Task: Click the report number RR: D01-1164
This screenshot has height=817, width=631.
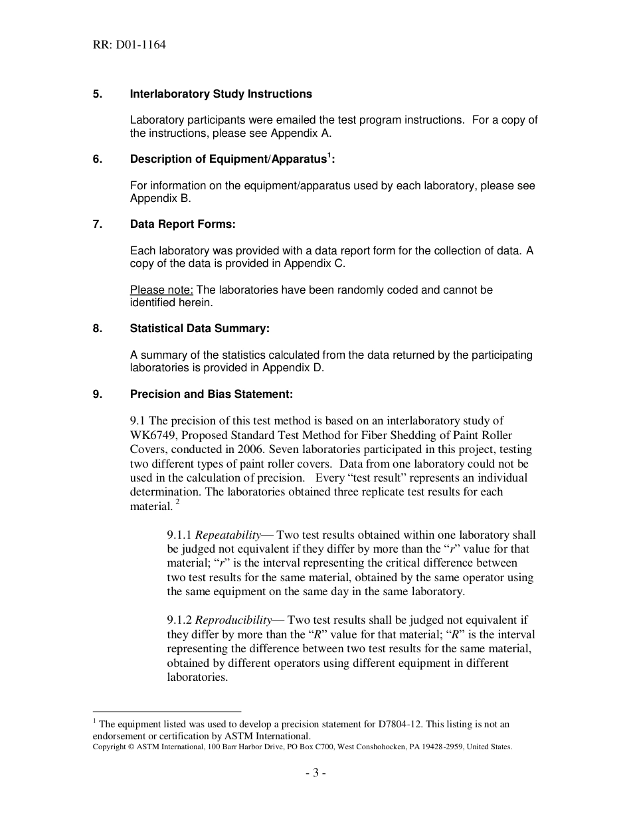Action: click(130, 45)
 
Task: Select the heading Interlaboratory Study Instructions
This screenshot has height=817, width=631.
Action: click(221, 94)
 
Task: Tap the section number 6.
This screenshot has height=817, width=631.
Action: click(97, 159)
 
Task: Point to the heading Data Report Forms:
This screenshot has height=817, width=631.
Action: click(183, 225)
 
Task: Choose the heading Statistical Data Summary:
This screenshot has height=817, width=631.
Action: click(199, 329)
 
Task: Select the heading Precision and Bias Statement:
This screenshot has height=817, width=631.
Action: click(211, 394)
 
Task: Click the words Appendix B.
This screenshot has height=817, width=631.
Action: click(160, 199)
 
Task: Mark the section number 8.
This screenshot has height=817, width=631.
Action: click(97, 329)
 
